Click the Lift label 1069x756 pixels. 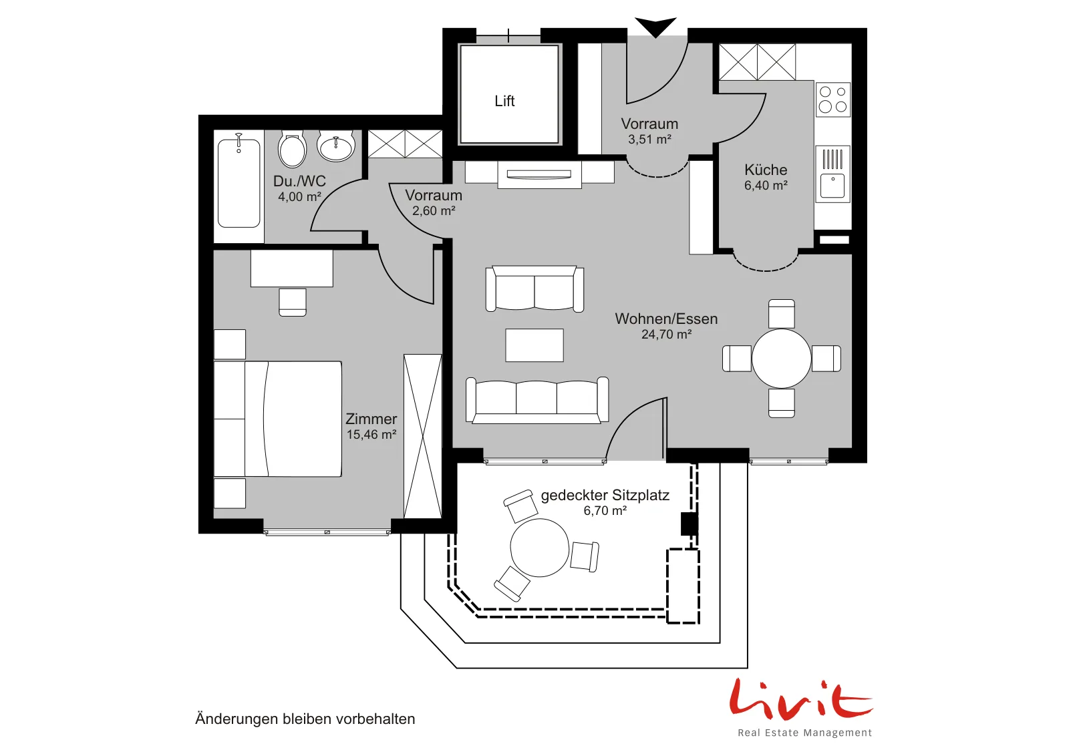coord(504,101)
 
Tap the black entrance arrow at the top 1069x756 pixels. coord(655,27)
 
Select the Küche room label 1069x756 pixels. coord(766,170)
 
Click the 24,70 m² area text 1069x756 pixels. coord(666,335)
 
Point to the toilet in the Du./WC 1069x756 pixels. coord(292,148)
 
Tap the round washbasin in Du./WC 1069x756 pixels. coord(336,146)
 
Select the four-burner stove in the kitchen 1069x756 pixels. coord(832,100)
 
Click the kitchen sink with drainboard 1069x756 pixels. coord(832,174)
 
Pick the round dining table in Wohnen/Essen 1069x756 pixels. coord(781,358)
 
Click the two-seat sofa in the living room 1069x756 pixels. coord(534,289)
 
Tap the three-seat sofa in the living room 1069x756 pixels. coord(537,400)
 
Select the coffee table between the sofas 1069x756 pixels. coord(534,345)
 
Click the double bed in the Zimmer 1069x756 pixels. coord(278,419)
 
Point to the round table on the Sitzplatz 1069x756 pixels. coord(539,548)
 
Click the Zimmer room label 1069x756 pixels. coord(371,419)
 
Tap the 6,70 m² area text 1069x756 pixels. coord(605,511)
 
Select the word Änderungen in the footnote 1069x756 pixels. coord(237,719)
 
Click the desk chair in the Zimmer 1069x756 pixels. coord(293,302)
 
